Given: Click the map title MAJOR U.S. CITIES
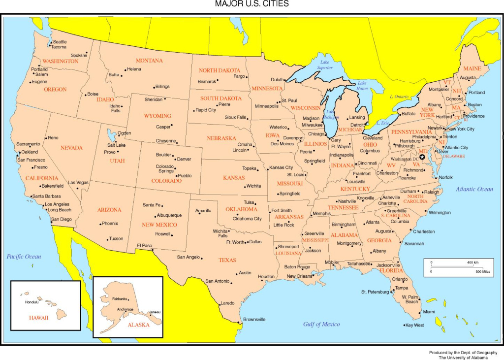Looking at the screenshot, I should coord(252,4).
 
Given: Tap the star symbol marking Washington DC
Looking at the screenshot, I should coord(422,157).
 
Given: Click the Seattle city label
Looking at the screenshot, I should coord(60,42).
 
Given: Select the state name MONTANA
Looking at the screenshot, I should coord(149,61).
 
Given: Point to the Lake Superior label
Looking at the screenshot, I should coord(325,65).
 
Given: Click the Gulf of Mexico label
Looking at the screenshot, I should coord(321,324).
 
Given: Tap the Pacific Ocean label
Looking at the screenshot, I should coord(24,257).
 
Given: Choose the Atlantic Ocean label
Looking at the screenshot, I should coord(474,189).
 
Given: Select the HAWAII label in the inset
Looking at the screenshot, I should coord(38,318).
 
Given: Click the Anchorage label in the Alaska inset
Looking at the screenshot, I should coord(125,309).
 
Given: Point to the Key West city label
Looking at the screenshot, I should coord(414,326).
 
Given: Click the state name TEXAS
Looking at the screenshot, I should coord(227,260).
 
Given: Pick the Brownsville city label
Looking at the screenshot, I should coord(254,320).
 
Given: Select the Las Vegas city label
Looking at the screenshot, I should coord(78,183).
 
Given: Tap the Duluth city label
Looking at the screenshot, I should coord(278,80).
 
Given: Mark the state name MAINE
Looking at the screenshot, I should coord(472,68).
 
